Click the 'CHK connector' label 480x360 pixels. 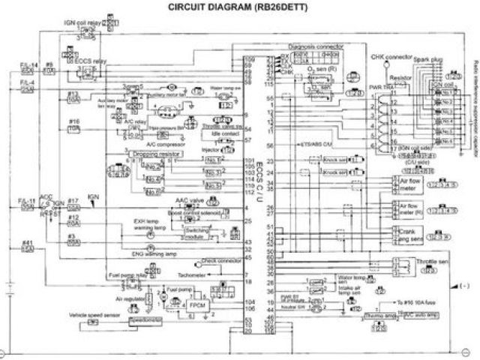click(389, 56)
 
